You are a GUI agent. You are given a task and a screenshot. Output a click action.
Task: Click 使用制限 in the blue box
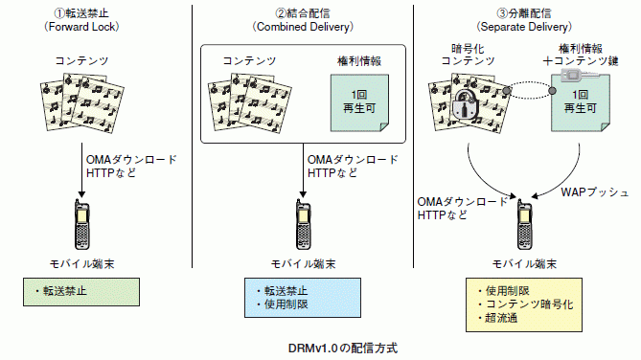click(x=285, y=304)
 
